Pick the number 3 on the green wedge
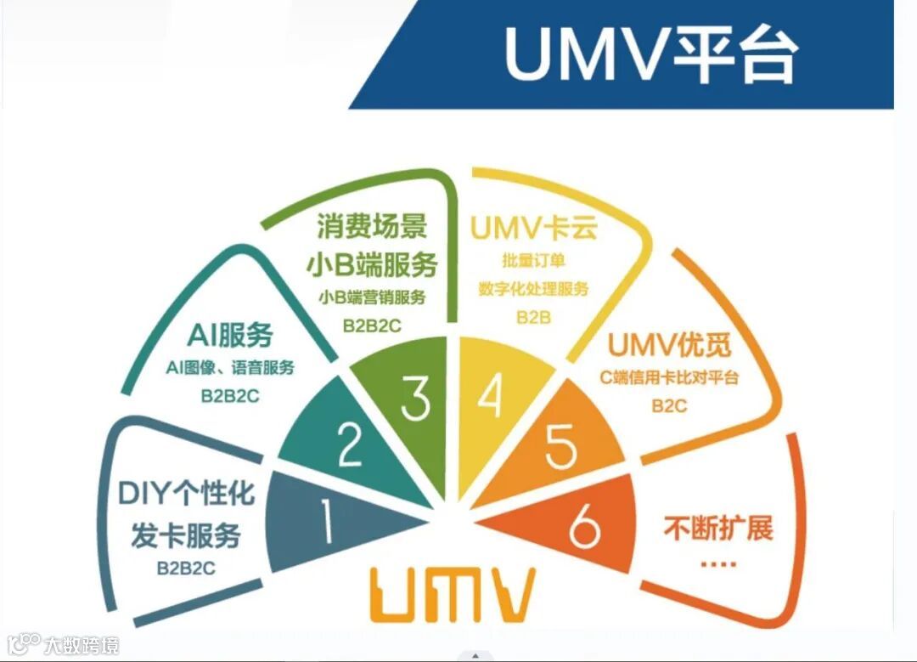pyautogui.click(x=415, y=399)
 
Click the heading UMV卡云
pyautogui.click(x=533, y=229)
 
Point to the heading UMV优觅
pyautogui.click(x=670, y=347)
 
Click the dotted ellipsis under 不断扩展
pyautogui.click(x=717, y=563)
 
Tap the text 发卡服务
pyautogui.click(x=186, y=535)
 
